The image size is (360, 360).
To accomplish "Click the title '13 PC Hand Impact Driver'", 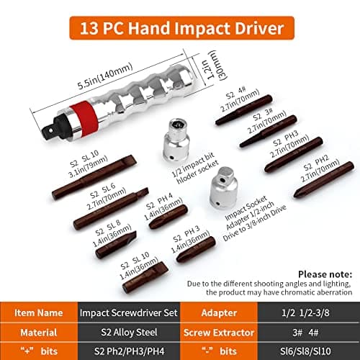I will click(x=179, y=30).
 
